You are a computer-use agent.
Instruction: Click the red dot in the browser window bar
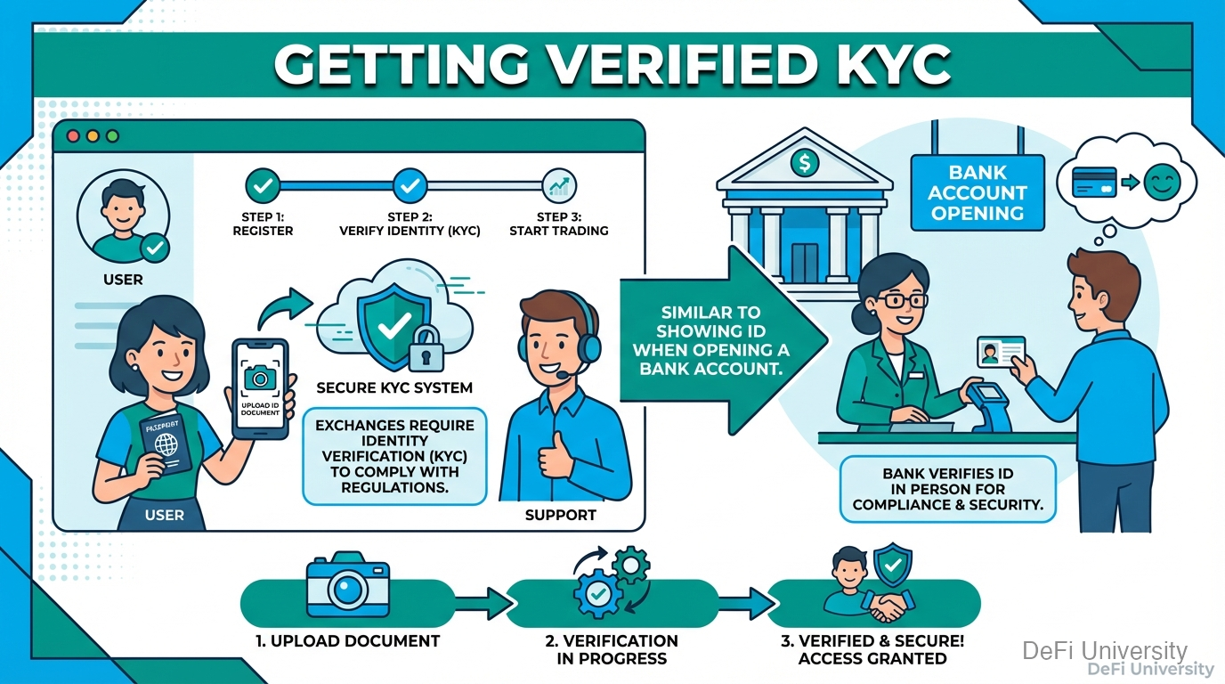click(x=73, y=136)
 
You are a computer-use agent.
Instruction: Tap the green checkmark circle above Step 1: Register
click(x=263, y=186)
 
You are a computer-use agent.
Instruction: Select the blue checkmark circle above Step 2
click(x=410, y=186)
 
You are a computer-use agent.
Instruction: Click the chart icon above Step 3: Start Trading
click(x=559, y=186)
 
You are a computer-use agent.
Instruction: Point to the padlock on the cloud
click(x=426, y=348)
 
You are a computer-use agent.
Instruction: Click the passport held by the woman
click(x=166, y=444)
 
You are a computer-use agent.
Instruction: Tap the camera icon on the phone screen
click(x=260, y=378)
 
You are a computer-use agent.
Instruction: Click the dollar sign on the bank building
click(x=805, y=162)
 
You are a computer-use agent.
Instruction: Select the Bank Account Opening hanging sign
click(x=978, y=192)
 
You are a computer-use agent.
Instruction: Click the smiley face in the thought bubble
click(x=1162, y=183)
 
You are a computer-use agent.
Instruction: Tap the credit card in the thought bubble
click(x=1094, y=183)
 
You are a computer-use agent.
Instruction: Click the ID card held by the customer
click(x=1001, y=351)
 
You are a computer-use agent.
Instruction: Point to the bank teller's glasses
click(x=902, y=300)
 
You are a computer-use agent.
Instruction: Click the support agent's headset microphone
click(x=562, y=375)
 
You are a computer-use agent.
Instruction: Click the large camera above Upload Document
click(x=348, y=584)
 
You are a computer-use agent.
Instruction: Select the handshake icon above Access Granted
click(x=888, y=607)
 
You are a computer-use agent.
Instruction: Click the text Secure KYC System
click(x=394, y=388)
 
